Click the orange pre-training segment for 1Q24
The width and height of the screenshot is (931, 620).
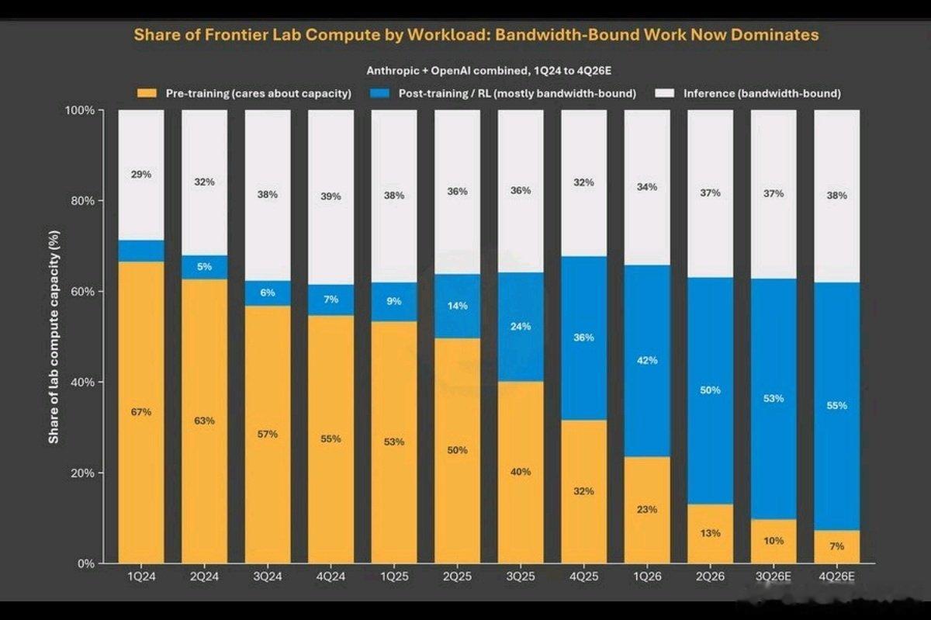pos(141,412)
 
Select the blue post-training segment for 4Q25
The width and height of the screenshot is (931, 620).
pos(584,338)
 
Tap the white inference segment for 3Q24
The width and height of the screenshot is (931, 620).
pos(268,195)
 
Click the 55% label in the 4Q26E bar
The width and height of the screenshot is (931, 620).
pos(836,405)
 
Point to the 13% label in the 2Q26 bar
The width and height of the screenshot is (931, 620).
pos(711,533)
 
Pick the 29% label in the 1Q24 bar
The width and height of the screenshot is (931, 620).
pos(141,175)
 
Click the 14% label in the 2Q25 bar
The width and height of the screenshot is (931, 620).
pos(457,306)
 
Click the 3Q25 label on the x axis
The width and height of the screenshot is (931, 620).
pos(521,577)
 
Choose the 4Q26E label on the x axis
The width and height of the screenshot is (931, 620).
pos(836,577)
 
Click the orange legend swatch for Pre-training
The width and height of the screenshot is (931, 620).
pos(147,93)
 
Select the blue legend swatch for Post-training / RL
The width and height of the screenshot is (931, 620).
pos(380,93)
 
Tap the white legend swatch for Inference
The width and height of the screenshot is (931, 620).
pos(665,93)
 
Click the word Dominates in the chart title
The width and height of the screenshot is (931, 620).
pos(775,34)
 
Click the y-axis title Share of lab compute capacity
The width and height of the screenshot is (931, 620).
pos(54,337)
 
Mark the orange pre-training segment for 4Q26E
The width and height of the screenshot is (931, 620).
pos(836,547)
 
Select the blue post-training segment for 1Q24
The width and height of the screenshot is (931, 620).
pos(141,251)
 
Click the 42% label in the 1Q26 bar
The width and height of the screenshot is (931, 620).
pos(647,360)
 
